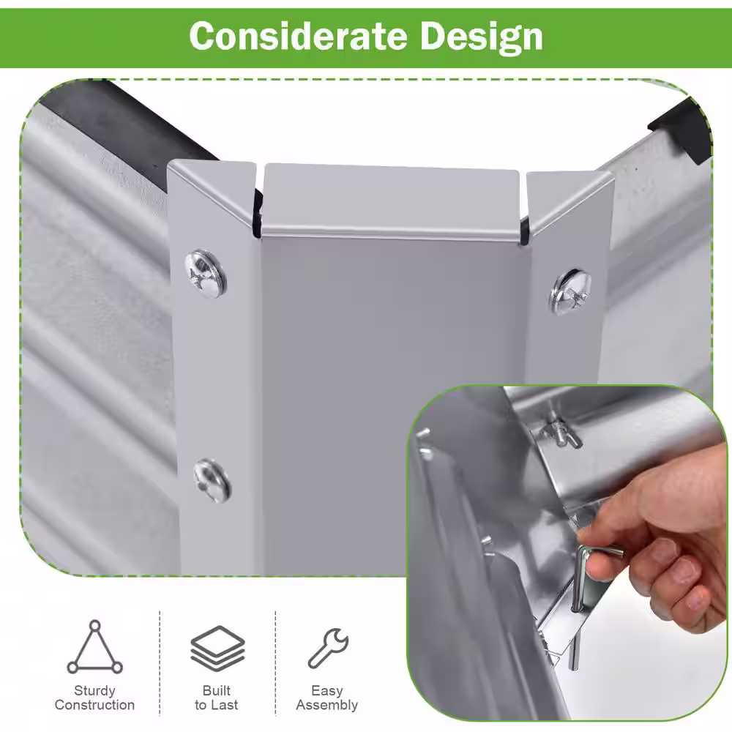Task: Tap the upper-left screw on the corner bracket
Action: tap(206, 274)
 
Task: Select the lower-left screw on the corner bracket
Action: tap(212, 481)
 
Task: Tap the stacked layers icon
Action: tap(217, 648)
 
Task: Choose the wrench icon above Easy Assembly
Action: tap(328, 648)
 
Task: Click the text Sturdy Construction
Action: tap(94, 698)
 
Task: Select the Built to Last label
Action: tap(217, 698)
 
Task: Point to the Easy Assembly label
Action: tap(327, 698)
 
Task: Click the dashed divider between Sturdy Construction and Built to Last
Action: tap(160, 663)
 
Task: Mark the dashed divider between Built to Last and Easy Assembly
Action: tap(275, 663)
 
